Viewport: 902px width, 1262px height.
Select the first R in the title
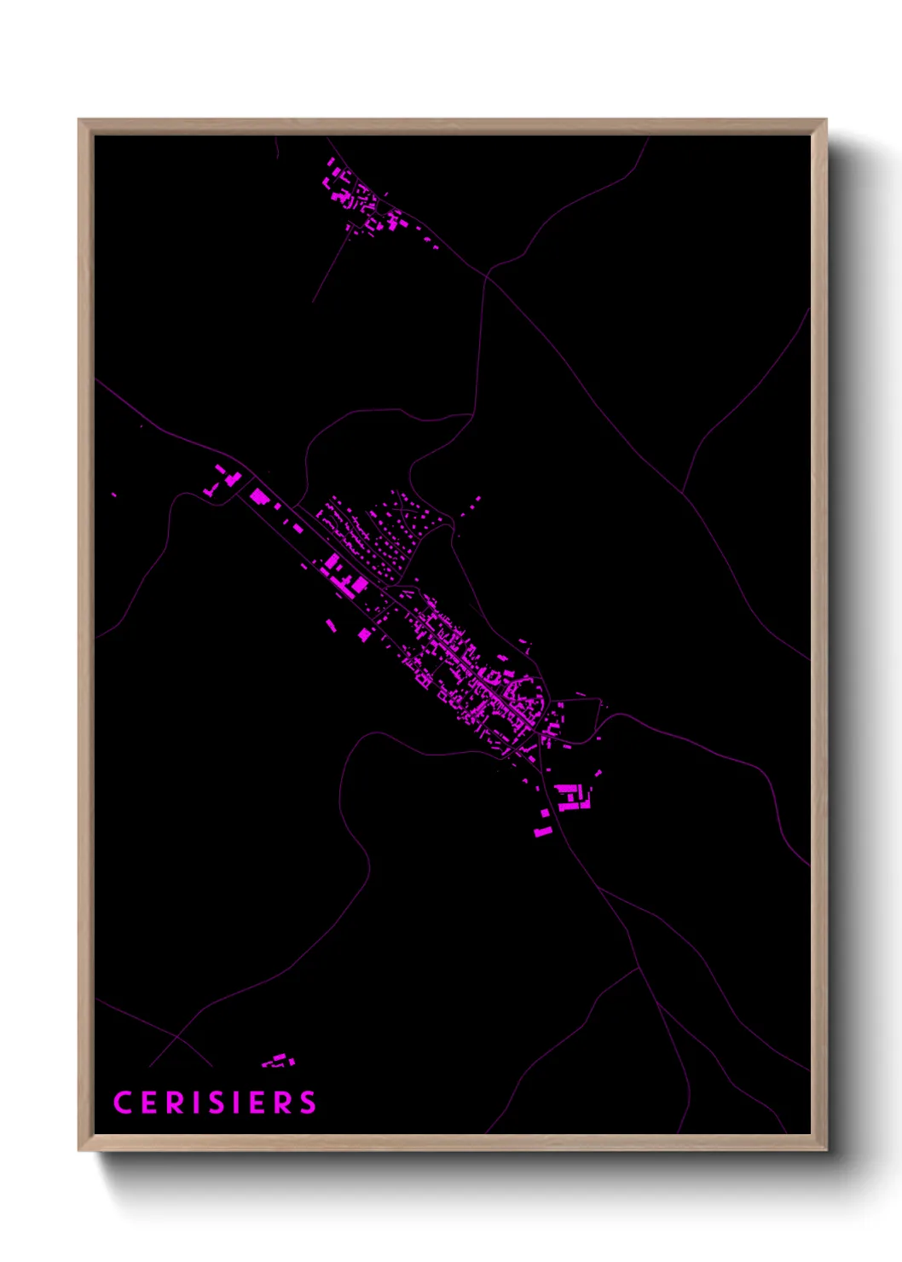[175, 1103]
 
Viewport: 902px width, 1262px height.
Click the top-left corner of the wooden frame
[79, 120]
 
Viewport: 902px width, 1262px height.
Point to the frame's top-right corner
[826, 120]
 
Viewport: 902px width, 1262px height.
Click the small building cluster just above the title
[279, 1061]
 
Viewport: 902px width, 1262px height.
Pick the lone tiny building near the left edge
[114, 494]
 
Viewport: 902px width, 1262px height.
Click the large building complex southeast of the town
[573, 797]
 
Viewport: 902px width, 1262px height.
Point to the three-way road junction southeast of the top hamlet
[488, 275]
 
